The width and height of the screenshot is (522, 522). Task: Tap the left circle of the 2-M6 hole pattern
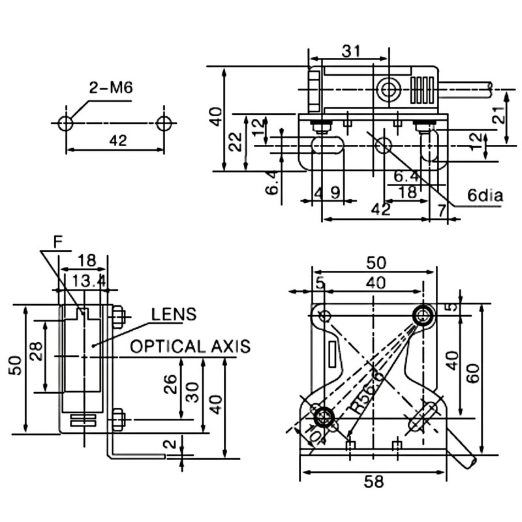[65, 123]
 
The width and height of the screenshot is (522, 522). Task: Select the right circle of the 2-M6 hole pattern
[164, 123]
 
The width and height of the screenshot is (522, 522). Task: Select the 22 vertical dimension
[235, 141]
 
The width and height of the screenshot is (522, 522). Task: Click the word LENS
[173, 314]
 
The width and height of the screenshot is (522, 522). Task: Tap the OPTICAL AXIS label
[191, 346]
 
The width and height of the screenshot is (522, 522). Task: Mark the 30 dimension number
[192, 391]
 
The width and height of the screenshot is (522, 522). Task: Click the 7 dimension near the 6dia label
[441, 210]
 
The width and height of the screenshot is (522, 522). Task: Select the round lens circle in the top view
[390, 89]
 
